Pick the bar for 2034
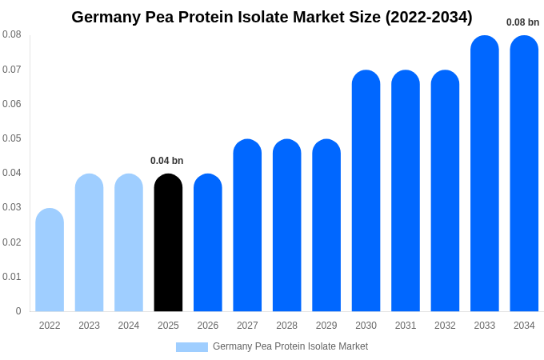pos(524,174)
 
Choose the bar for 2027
pos(247,226)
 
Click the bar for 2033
pos(484,174)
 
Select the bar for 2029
pos(326,226)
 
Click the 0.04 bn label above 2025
pos(167,161)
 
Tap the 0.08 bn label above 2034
pos(523,22)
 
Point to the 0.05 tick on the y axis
pos(12,138)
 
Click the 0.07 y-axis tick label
pos(12,70)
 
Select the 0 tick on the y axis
pos(18,311)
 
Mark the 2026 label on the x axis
pos(208,326)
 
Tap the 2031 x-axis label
pos(406,326)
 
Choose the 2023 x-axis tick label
pos(89,326)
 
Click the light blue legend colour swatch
pos(192,347)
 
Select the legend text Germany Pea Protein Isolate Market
pos(290,346)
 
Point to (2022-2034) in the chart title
pos(429,17)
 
